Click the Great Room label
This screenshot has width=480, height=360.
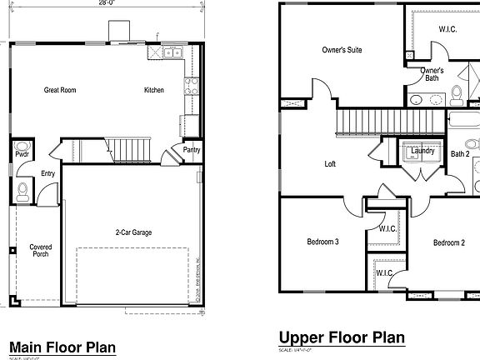tap(60, 90)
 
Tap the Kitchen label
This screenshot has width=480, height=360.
tap(154, 90)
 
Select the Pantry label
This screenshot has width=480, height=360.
tap(191, 151)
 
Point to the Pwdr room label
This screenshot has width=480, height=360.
tap(21, 153)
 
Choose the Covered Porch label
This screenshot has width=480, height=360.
tap(40, 250)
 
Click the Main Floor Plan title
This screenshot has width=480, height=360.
tap(62, 347)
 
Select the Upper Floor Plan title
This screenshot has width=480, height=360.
tap(342, 337)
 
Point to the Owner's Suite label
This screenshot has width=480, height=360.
tap(342, 51)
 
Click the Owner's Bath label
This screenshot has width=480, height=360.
tap(432, 74)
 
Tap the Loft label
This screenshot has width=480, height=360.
tap(330, 164)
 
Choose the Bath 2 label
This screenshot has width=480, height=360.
tap(460, 153)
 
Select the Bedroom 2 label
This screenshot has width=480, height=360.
tap(449, 242)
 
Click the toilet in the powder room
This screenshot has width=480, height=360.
tap(21, 191)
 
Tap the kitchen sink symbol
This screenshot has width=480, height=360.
tap(172, 53)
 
